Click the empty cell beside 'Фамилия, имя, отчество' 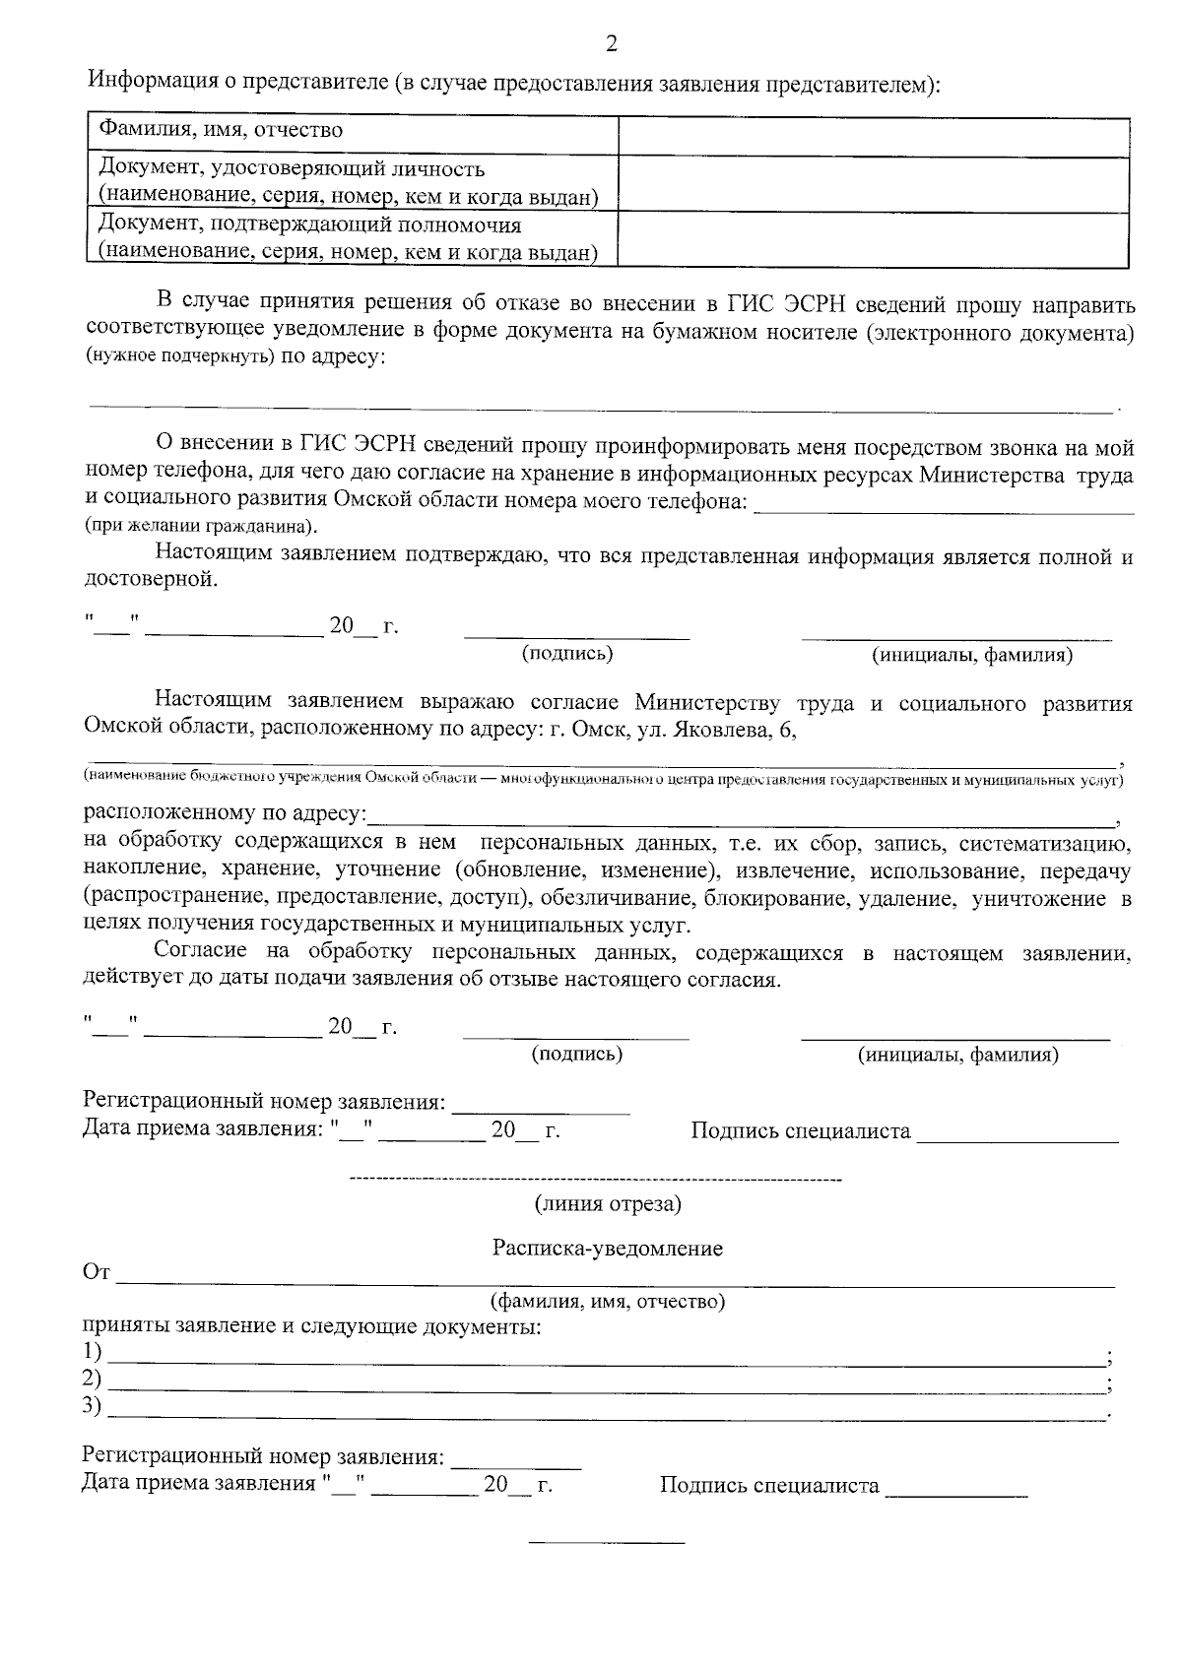click(x=873, y=136)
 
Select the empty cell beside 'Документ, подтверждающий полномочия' click(x=873, y=239)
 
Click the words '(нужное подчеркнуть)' click(x=180, y=357)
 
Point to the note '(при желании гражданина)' click(x=201, y=526)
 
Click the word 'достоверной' click(x=149, y=580)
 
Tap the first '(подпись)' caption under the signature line click(x=566, y=653)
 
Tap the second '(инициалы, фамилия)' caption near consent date click(x=957, y=1056)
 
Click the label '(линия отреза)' click(x=607, y=1203)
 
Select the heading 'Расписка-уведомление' click(x=607, y=1249)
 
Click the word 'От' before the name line click(x=96, y=1273)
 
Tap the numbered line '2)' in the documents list click(x=93, y=1377)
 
